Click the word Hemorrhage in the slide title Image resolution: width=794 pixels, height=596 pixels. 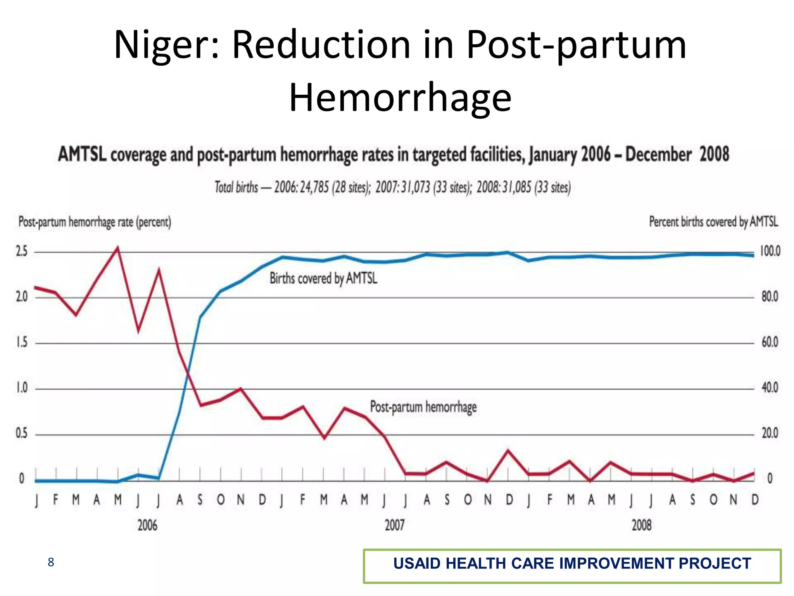(400, 98)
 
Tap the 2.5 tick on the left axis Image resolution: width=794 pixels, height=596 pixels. (22, 251)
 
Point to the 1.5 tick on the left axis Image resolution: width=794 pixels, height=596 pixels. (22, 342)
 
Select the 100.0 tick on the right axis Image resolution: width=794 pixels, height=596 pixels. (770, 251)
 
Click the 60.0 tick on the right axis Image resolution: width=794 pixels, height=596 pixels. (770, 342)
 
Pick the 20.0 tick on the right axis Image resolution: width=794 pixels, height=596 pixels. (770, 433)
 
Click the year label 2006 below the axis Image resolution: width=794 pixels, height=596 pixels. (147, 525)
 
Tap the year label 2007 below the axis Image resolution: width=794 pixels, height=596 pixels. (394, 525)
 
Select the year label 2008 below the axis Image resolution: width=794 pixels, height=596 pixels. (642, 525)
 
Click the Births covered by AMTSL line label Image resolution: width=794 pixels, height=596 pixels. (323, 278)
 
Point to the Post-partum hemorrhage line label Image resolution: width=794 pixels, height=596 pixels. (423, 407)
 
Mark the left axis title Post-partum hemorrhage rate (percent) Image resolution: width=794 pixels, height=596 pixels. (95, 222)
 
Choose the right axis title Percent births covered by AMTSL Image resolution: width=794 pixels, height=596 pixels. (713, 222)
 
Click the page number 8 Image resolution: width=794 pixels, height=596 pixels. (51, 562)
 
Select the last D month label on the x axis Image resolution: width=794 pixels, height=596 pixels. (755, 500)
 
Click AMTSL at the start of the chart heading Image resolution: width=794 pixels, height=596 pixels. (82, 154)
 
